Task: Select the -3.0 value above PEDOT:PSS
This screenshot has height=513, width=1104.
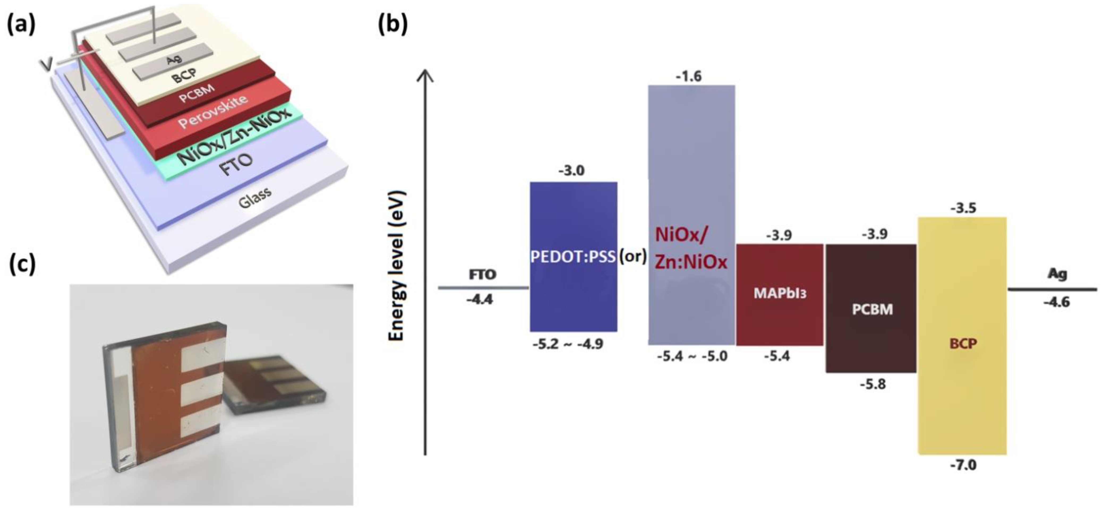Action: [x=571, y=171]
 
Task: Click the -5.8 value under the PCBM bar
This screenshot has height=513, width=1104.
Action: [x=872, y=384]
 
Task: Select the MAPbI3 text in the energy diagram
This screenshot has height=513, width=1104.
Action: [x=780, y=294]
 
